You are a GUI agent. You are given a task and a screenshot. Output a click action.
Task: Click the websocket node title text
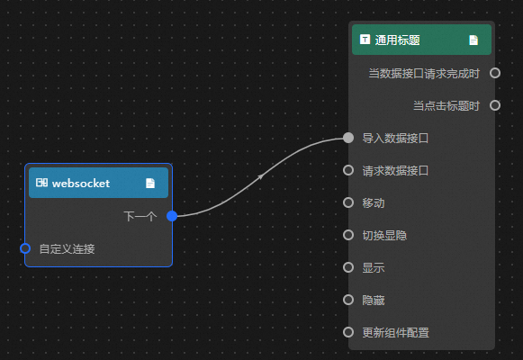click(81, 183)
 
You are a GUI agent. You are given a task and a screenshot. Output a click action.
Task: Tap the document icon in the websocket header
click(150, 183)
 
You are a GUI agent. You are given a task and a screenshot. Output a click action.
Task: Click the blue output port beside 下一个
click(172, 216)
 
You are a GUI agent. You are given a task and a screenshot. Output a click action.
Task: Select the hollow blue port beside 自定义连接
click(25, 248)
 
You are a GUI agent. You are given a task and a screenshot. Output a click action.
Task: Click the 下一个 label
click(140, 216)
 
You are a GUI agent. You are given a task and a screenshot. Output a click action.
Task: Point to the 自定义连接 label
click(67, 248)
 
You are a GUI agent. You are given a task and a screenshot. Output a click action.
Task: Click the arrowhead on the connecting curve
click(260, 176)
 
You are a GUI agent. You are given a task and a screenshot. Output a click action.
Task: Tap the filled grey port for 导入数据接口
click(348, 138)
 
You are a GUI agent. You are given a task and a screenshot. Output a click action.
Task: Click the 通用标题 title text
click(397, 40)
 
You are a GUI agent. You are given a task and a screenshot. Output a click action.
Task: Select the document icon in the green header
click(473, 40)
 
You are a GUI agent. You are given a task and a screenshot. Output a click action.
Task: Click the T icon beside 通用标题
click(365, 40)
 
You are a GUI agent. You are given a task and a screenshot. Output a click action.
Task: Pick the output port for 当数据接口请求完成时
click(495, 73)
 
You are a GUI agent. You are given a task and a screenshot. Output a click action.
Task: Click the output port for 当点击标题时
click(495, 105)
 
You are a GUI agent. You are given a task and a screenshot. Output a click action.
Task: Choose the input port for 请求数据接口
click(348, 170)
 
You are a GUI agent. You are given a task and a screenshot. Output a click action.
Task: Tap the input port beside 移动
click(348, 202)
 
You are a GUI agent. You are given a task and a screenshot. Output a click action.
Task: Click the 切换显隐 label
click(384, 235)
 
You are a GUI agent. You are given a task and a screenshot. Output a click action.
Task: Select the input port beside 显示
click(348, 267)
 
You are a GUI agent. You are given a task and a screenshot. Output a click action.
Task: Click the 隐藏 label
click(374, 301)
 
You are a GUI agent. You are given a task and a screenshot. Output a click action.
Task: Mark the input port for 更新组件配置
click(348, 332)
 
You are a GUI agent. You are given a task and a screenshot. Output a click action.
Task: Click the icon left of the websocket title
click(41, 183)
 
